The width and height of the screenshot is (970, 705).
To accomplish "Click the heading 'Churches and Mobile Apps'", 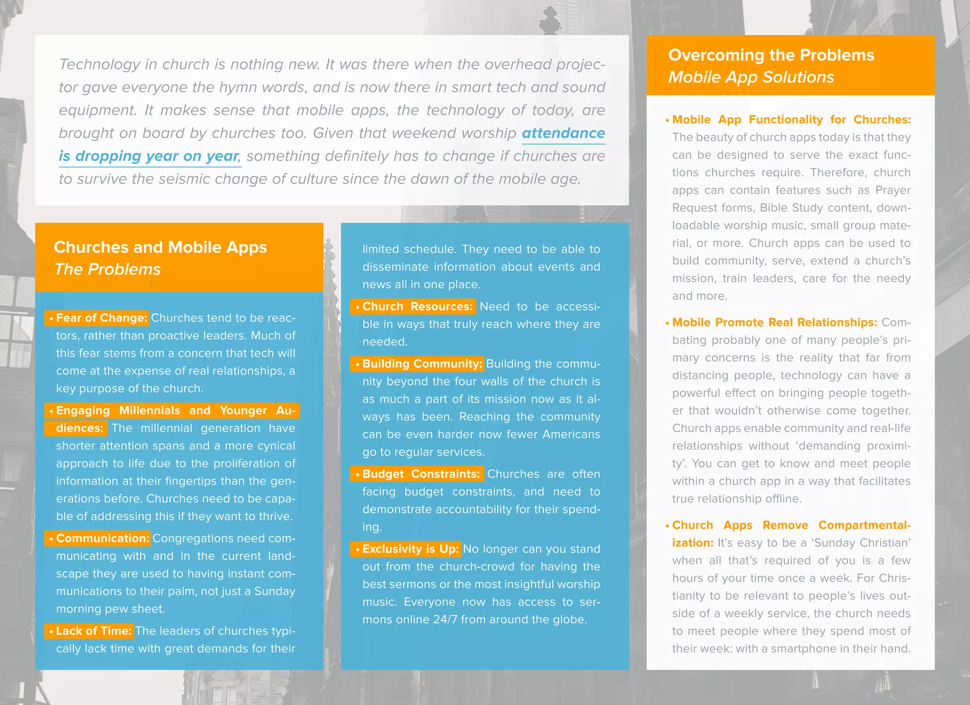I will (x=160, y=247).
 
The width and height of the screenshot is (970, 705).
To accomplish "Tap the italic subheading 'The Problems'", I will (x=108, y=269).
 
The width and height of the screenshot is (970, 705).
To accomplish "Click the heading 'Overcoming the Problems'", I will (x=771, y=55).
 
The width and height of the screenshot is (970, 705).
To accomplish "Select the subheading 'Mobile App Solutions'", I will (x=751, y=77).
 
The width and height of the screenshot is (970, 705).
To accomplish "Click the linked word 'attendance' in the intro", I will (x=563, y=133).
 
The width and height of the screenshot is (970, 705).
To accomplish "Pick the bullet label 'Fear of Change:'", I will (x=101, y=318).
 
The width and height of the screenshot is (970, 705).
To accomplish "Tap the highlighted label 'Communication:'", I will (x=102, y=538).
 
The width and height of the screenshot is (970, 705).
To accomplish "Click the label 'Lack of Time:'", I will (x=93, y=631).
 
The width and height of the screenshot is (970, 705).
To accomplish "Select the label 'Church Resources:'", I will (x=417, y=306).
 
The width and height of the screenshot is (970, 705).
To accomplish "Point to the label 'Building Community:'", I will (x=422, y=364).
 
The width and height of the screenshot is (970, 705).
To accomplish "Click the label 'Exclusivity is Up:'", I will (x=410, y=549).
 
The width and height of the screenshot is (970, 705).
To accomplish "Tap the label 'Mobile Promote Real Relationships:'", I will (x=774, y=322).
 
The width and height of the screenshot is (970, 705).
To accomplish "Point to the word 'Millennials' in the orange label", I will (x=149, y=411).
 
